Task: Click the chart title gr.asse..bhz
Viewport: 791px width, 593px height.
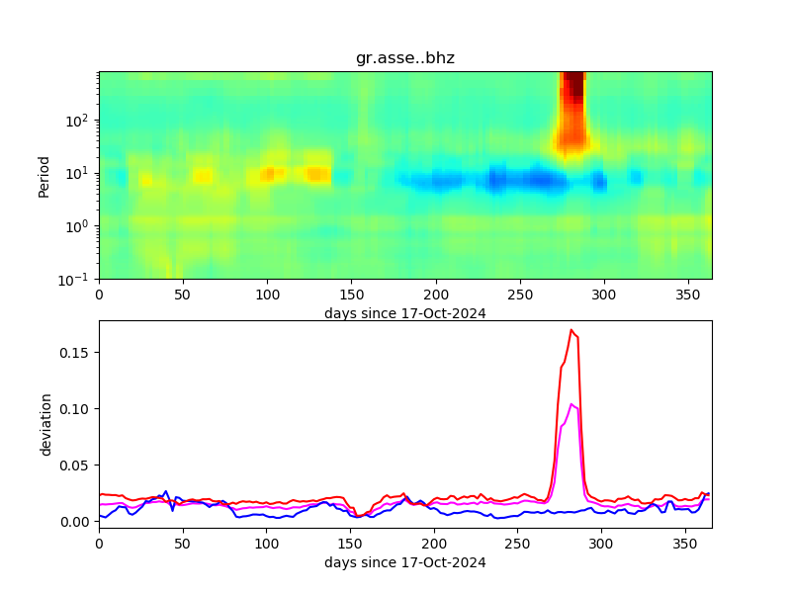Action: point(405,58)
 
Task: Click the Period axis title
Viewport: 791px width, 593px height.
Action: point(44,176)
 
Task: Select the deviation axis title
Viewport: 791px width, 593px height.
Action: point(45,424)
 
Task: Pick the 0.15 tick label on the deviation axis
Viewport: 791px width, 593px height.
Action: point(76,353)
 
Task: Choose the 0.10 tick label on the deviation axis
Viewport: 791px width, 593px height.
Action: point(76,409)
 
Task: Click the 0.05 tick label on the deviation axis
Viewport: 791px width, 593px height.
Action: point(76,466)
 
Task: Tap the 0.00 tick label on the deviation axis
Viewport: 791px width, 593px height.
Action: point(76,521)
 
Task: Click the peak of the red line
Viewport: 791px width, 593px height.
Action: point(571,330)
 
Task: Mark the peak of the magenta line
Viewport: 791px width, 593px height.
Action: point(571,404)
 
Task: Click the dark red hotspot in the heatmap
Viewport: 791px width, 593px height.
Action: point(572,89)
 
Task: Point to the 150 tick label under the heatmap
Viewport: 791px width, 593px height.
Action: point(351,295)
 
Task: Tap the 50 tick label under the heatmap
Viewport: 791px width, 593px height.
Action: point(183,295)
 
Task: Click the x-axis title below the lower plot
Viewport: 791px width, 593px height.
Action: point(405,562)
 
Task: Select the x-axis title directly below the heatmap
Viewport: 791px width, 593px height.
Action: point(405,313)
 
